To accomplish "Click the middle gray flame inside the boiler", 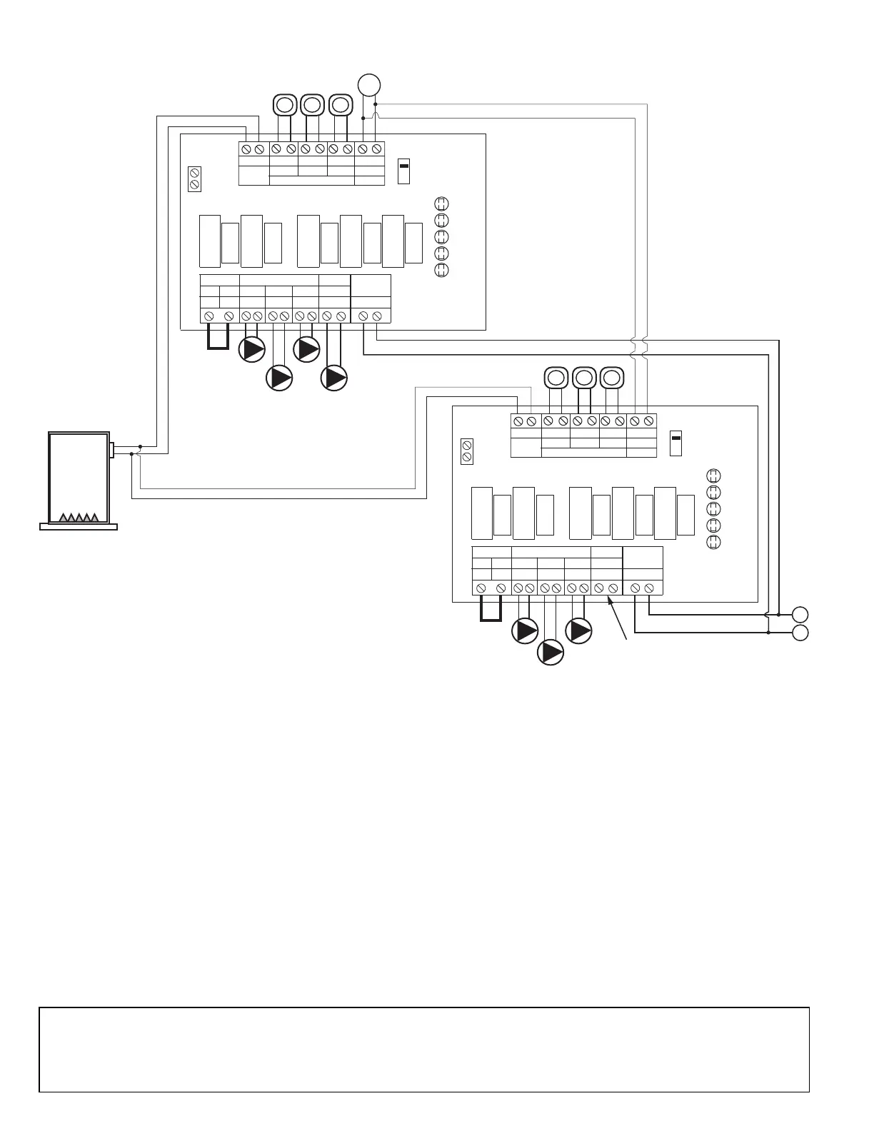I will tap(78, 518).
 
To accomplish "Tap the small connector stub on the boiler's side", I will tap(111, 450).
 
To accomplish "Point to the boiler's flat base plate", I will tap(79, 527).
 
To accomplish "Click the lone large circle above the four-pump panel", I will tap(369, 85).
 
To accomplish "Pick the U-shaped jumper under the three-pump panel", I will tap(491, 610).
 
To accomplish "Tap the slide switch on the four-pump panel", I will tap(403, 171).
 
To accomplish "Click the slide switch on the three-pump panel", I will tap(676, 443).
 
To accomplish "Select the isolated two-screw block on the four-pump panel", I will tap(194, 179).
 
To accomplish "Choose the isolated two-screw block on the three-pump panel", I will tap(467, 451).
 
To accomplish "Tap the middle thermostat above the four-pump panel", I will tap(312, 105).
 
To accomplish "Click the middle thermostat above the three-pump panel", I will tap(584, 376).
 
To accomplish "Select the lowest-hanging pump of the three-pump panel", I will tap(551, 651).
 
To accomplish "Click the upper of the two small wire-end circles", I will tap(800, 614).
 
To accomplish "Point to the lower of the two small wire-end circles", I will tap(800, 633).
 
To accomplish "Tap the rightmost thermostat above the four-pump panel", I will tap(341, 105).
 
